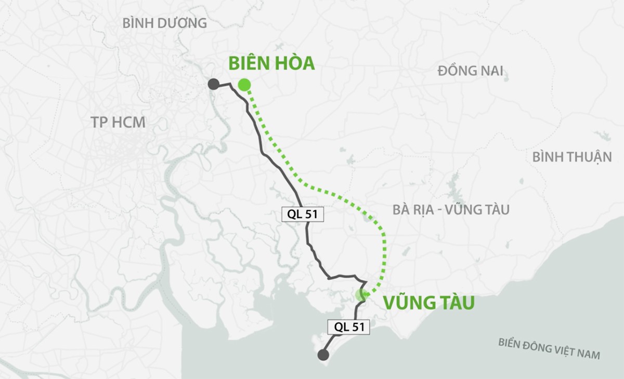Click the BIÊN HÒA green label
tap(271, 63)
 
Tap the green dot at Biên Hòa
tap(244, 85)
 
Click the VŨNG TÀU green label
tap(429, 303)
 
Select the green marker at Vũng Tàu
tap(361, 295)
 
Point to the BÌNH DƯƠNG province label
tap(164, 23)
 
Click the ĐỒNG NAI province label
tap(470, 71)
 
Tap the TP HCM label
tap(118, 123)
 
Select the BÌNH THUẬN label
tap(572, 157)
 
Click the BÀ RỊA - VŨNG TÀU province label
tap(451, 210)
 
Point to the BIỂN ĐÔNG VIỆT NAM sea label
tap(549, 348)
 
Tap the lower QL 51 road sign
tap(348, 327)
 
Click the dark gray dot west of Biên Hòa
tap(213, 84)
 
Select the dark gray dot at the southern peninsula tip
tap(323, 355)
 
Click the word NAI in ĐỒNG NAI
tap(491, 71)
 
